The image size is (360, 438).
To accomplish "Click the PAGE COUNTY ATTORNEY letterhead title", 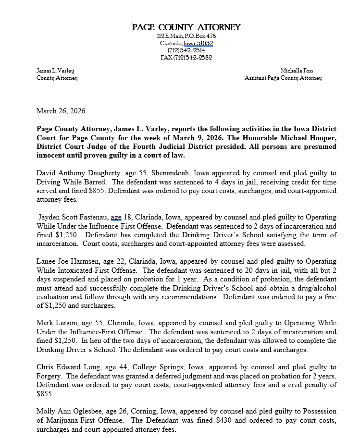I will pos(186,27).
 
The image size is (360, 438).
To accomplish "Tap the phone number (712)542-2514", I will pos(186,50).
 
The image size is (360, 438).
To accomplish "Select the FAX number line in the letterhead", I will pos(186,57).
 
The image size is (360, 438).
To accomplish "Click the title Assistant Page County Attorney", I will pos(283,78).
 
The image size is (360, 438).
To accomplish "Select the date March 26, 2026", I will pos(61,111).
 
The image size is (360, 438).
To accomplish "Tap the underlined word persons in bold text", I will pos(274,147).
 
